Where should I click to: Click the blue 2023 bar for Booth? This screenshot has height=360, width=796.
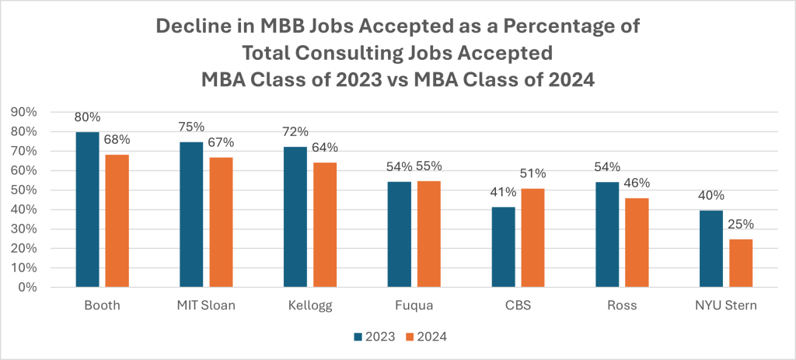tap(87, 210)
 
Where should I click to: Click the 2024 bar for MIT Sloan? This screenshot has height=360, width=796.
tap(220, 222)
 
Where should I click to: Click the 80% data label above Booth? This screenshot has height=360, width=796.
tap(87, 118)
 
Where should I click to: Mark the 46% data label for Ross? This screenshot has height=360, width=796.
tap(637, 184)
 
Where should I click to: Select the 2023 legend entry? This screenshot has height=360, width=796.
tap(374, 337)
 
